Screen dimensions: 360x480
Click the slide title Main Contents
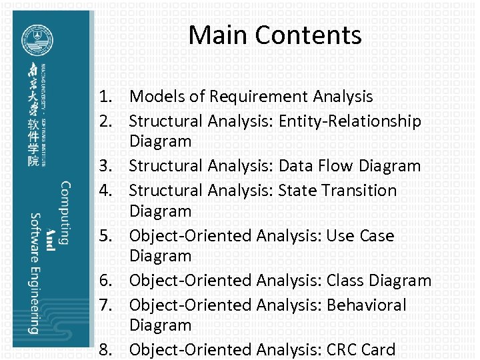275,35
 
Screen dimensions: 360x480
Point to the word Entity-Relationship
350,121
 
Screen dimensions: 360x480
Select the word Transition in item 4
359,191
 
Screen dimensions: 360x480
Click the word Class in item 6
345,281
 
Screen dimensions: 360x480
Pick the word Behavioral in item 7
366,305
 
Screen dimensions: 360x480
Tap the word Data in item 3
297,166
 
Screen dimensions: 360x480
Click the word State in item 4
297,191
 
